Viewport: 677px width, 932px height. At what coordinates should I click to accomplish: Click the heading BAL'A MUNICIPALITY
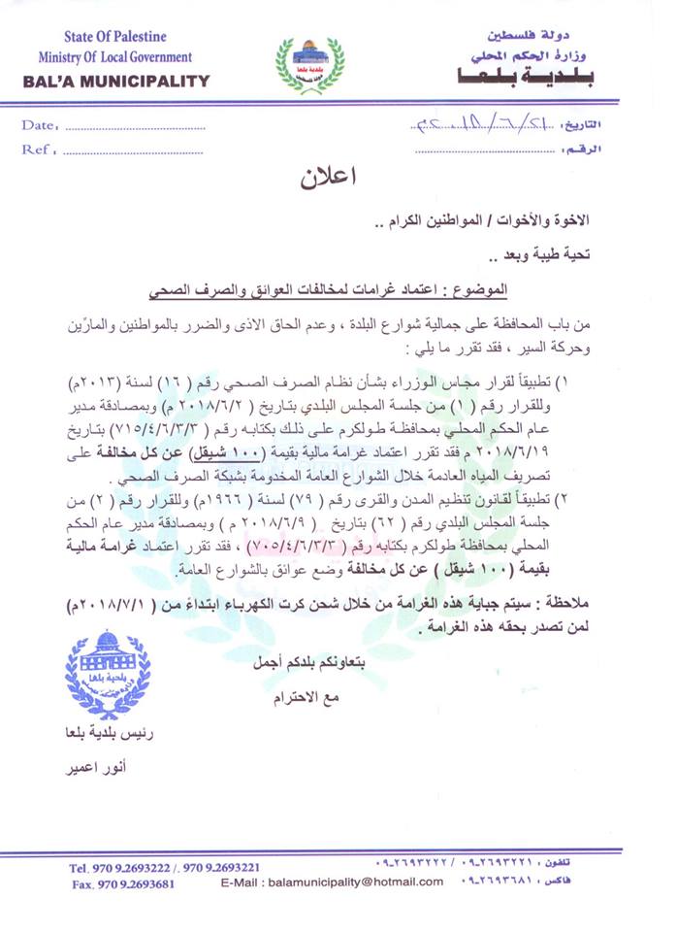point(115,82)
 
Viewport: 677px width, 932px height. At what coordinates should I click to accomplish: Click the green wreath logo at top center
point(309,64)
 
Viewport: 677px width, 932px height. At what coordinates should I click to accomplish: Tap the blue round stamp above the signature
point(107,676)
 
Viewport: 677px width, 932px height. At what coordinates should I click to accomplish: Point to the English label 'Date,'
point(40,125)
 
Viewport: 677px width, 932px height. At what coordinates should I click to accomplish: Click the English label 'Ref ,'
point(40,150)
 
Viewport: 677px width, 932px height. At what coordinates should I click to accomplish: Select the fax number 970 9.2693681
point(123,884)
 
